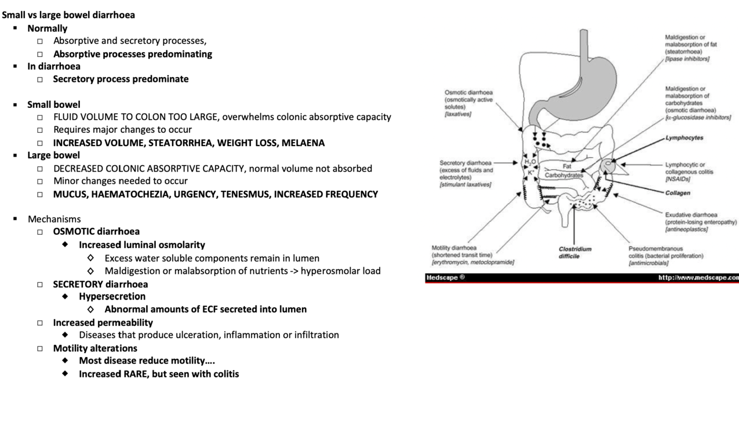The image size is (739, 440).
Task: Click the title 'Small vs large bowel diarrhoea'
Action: coord(68,15)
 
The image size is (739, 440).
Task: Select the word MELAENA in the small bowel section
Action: coord(303,143)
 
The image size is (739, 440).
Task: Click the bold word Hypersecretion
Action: coord(112,297)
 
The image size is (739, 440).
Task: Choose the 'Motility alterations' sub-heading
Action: coord(95,348)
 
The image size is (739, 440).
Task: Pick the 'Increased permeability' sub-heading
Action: coord(102,322)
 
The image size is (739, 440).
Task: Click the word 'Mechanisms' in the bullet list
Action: coord(54,219)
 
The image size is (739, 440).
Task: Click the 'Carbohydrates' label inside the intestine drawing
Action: coord(564,175)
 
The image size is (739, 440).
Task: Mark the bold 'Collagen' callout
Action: coord(678,193)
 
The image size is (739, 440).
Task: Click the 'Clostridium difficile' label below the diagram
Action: coord(574,252)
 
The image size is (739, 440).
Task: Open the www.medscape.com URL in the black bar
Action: coord(698,277)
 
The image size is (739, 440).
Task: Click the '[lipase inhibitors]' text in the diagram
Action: coord(687,58)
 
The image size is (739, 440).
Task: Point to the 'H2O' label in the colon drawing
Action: coord(530,162)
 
